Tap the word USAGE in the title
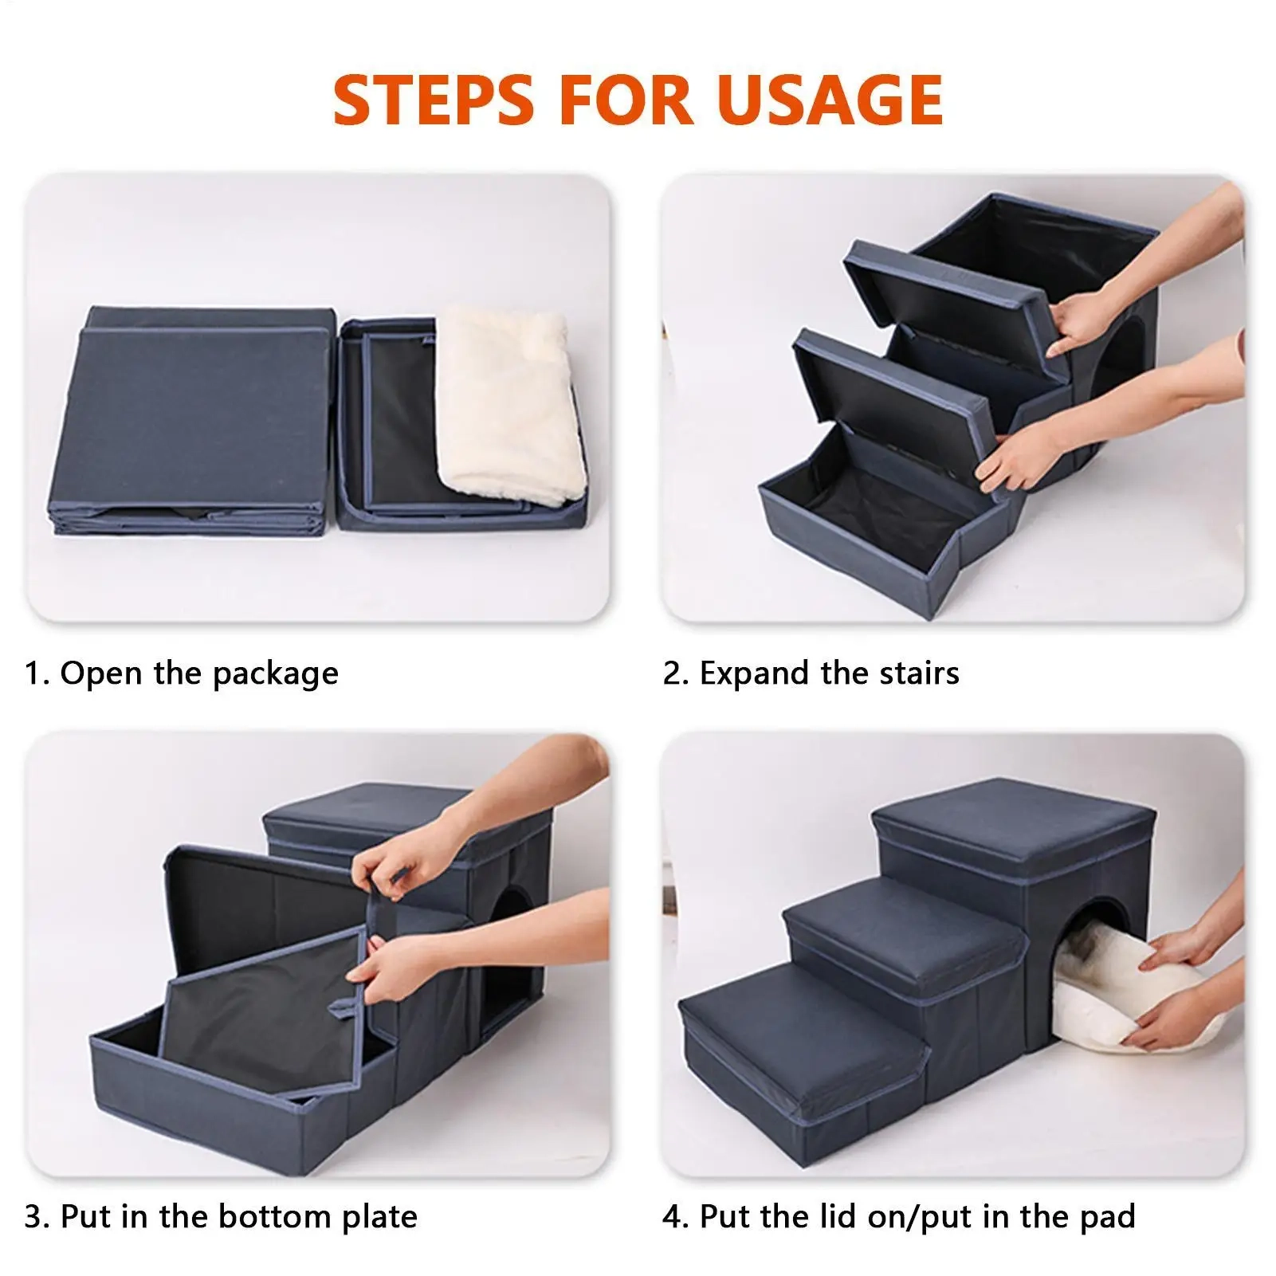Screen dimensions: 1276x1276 (830, 99)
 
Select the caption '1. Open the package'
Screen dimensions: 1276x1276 (182, 673)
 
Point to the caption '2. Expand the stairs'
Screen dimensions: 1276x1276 (811, 673)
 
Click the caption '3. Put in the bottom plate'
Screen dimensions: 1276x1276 (221, 1216)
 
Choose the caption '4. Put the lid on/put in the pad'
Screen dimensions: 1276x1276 (899, 1216)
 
